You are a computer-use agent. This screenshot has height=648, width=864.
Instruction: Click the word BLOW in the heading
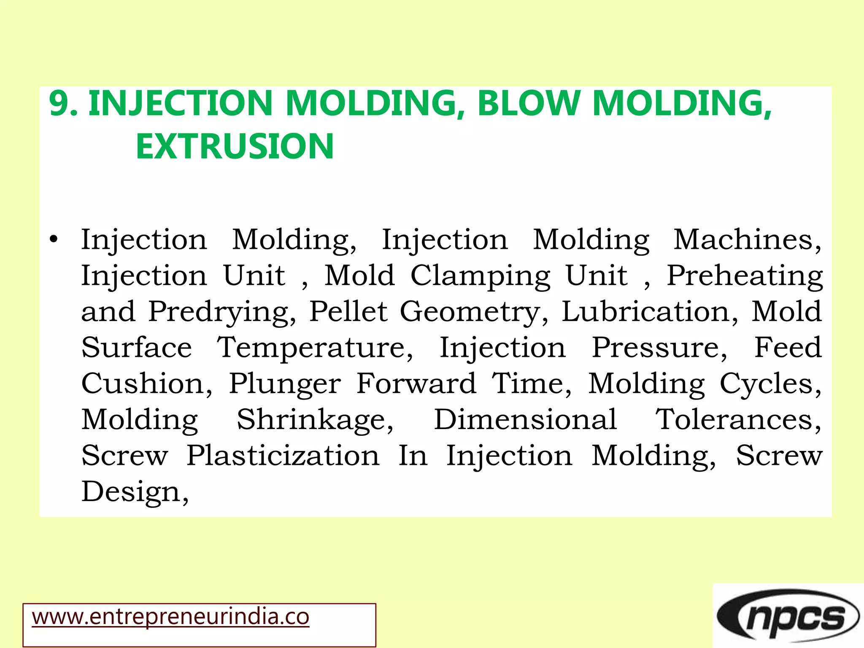point(529,103)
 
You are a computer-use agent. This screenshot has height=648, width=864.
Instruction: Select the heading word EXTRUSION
point(235,146)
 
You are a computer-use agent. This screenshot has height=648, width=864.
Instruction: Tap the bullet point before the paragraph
point(53,240)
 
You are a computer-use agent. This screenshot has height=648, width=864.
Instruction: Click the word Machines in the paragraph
point(746,240)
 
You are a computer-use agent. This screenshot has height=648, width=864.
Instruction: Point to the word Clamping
point(480,276)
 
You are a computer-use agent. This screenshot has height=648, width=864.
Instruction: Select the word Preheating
point(744,276)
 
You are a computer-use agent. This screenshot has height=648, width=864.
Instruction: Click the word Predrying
point(222,312)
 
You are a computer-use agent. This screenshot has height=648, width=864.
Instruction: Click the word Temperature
point(315,348)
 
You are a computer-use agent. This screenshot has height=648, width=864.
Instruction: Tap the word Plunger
point(285,384)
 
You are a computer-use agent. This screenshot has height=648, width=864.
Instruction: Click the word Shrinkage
point(315,420)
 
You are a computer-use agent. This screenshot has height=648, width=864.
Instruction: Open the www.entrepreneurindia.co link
point(171,617)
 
